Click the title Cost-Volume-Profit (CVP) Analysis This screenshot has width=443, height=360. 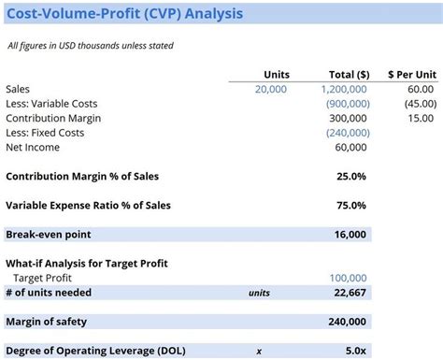pos(125,14)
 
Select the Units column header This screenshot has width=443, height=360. pos(277,75)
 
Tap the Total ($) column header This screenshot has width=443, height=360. pos(349,75)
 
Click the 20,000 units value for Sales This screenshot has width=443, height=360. pos(271,90)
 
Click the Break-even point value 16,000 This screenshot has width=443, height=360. pos(351,235)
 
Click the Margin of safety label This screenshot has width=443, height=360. pos(47,322)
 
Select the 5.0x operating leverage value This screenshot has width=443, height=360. pos(355,351)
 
